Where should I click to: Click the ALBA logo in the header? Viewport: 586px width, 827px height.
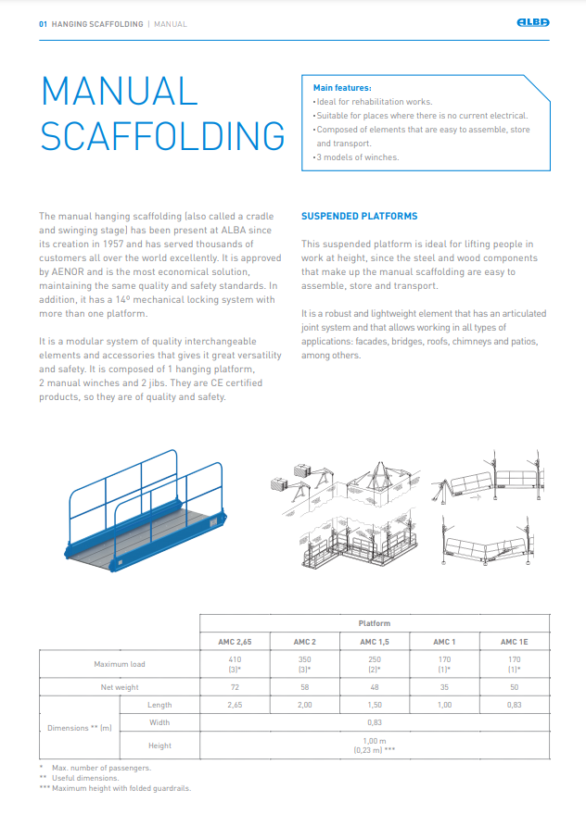coord(532,23)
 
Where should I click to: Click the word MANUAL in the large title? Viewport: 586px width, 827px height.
coord(119,92)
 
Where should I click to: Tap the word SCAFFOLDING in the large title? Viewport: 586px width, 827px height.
coord(162,136)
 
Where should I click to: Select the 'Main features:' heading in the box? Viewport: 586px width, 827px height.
coord(342,88)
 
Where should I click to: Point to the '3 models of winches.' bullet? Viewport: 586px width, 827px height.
coord(358,157)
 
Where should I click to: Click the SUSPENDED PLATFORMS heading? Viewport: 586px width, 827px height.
coord(359,217)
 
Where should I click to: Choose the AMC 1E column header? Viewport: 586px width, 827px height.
coord(515,642)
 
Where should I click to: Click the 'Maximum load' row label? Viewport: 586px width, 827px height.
coord(119,664)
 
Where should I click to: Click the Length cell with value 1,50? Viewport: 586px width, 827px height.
coord(375,705)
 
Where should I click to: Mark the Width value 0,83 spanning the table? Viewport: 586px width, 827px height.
coord(375,722)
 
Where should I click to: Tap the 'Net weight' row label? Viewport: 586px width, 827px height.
coord(119,687)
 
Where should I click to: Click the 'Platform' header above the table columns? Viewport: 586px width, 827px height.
coord(375,623)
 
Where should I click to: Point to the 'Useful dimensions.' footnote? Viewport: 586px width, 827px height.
coord(86,778)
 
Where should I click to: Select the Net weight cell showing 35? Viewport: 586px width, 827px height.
coord(445,687)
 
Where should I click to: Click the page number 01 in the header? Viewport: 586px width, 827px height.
coord(43,24)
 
